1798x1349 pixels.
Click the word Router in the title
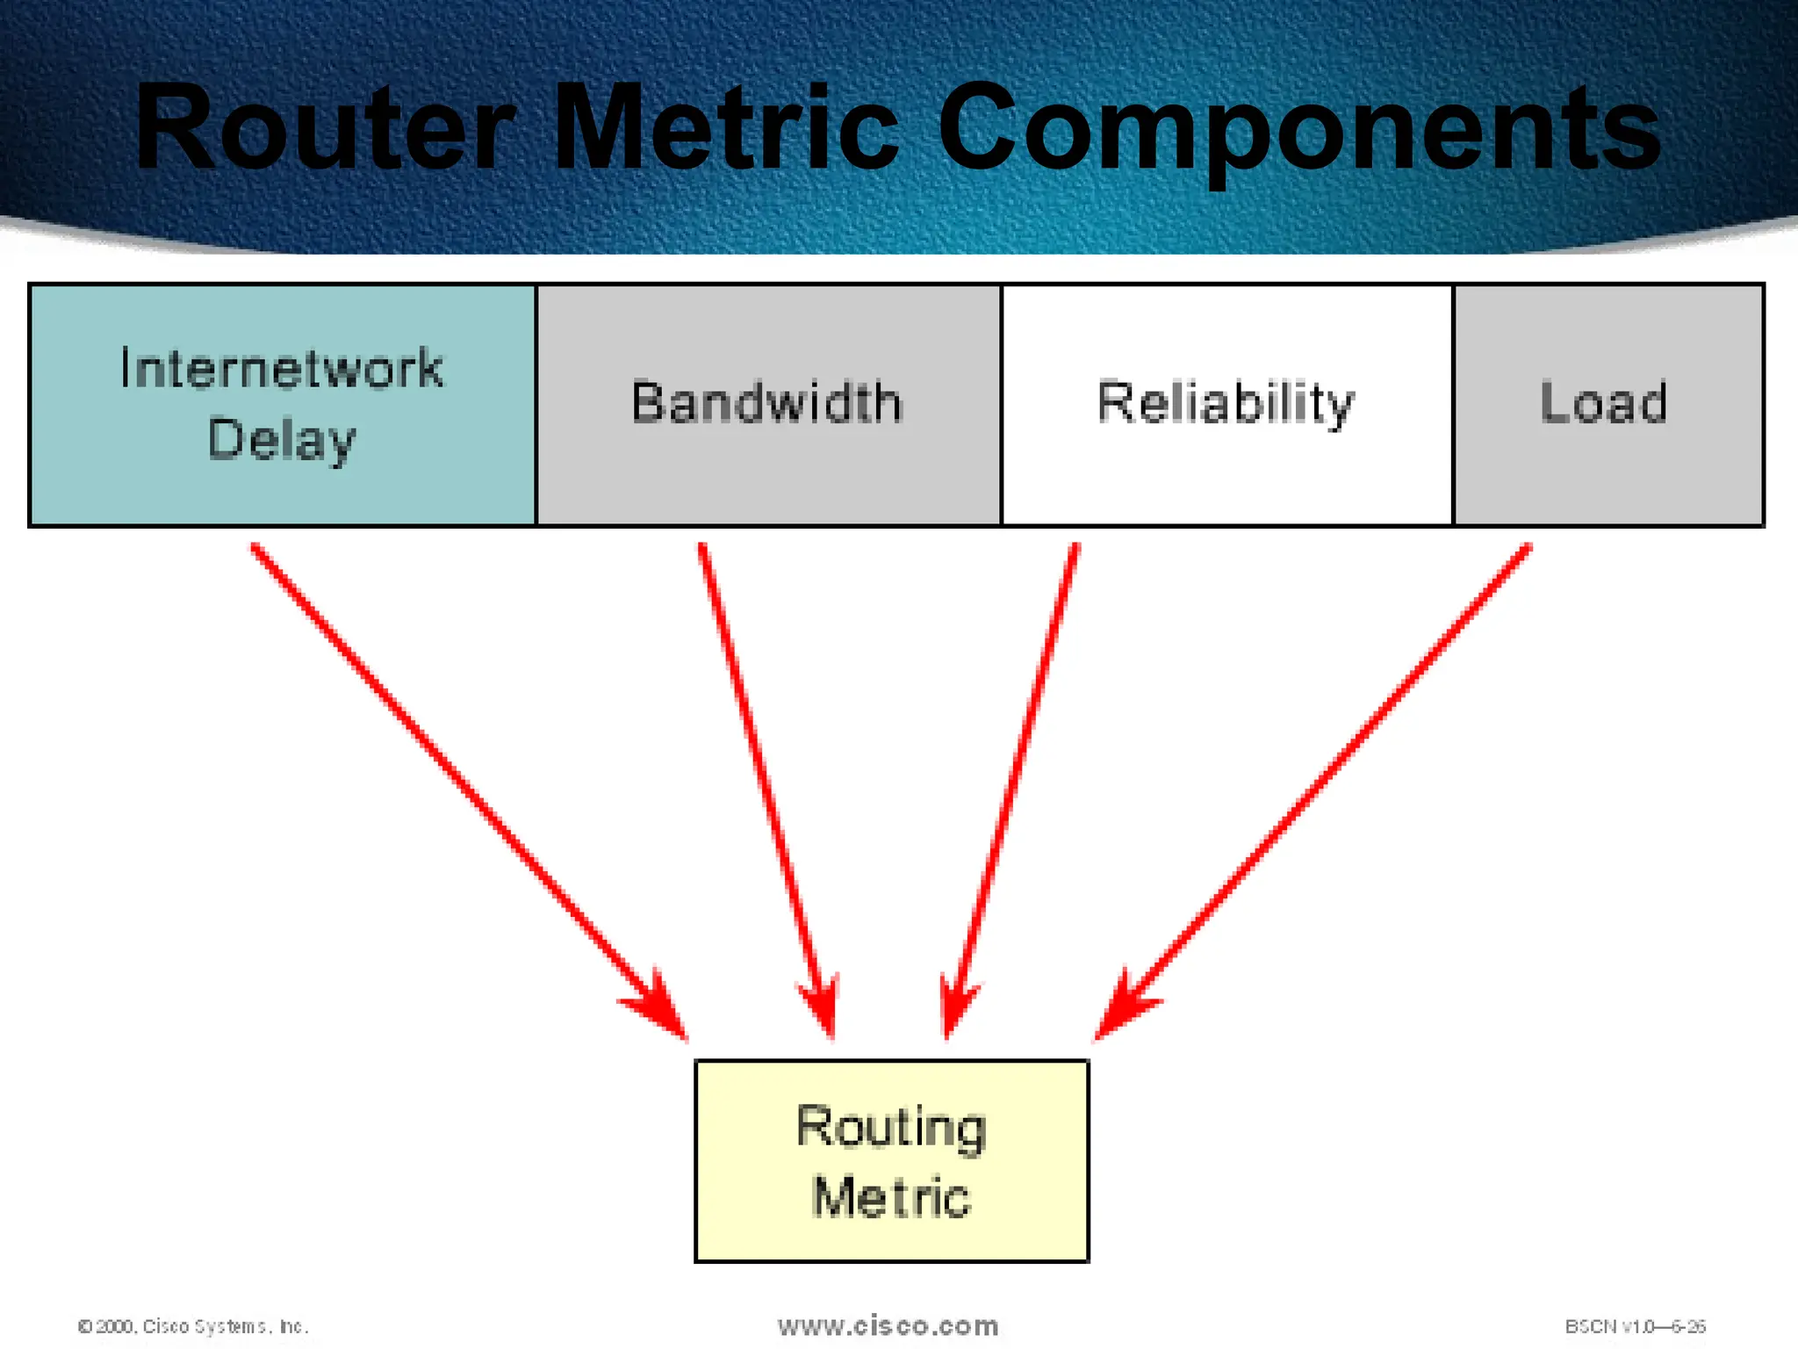(325, 127)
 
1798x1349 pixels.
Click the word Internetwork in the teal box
(282, 368)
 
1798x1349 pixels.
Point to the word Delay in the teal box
(282, 439)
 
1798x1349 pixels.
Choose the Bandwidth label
(767, 403)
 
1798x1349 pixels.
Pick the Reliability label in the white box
(1226, 403)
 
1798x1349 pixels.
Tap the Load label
(1604, 403)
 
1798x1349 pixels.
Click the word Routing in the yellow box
(891, 1127)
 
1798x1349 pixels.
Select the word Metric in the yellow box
(891, 1196)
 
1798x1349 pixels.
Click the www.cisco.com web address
(888, 1325)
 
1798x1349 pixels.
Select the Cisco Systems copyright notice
(193, 1326)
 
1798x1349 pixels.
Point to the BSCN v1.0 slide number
(1635, 1326)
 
